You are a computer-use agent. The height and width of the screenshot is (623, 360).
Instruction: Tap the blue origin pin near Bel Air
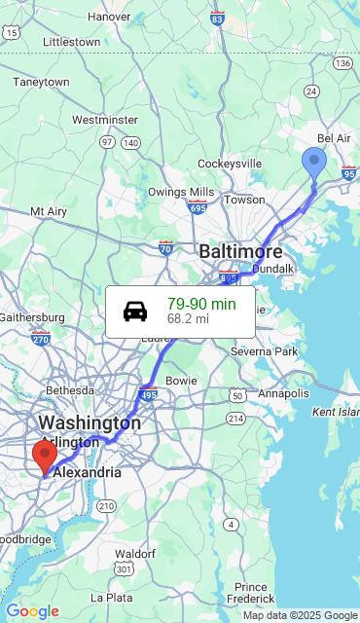[313, 163]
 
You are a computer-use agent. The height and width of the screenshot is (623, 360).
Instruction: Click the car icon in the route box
[135, 311]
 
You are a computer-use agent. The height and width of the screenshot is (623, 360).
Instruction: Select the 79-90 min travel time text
[201, 304]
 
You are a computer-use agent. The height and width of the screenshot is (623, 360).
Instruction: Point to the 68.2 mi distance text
[188, 318]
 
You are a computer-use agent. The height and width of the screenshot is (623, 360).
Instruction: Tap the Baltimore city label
[240, 252]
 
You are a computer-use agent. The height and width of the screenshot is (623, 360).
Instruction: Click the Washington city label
[89, 423]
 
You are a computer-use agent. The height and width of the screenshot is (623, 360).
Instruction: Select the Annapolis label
[283, 393]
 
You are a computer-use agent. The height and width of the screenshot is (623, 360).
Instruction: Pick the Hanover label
[109, 17]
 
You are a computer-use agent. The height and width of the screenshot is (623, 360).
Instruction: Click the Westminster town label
[104, 120]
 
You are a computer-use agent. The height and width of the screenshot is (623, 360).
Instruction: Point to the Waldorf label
[135, 553]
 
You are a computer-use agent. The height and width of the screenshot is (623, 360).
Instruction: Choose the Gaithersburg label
[31, 317]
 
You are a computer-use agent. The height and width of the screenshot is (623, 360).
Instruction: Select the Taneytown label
[41, 83]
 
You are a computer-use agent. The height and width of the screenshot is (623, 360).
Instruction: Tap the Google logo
[32, 611]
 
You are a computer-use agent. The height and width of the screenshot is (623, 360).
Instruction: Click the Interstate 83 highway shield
[217, 18]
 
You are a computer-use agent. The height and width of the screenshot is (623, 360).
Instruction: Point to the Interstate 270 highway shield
[40, 339]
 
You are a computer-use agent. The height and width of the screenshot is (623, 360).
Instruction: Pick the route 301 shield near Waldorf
[124, 568]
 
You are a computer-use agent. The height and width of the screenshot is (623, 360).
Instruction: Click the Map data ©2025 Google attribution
[300, 615]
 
